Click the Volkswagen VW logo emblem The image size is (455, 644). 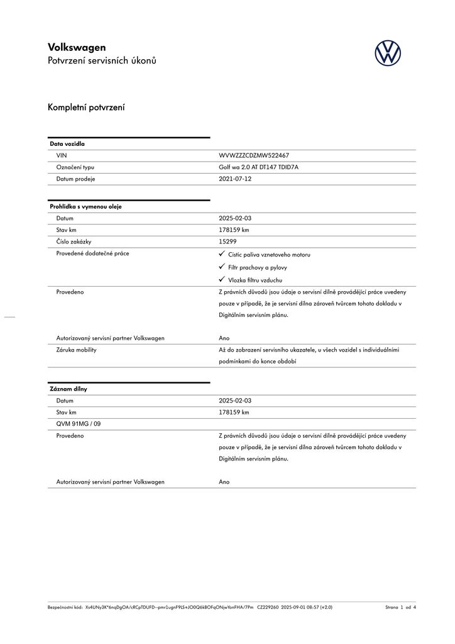(x=388, y=53)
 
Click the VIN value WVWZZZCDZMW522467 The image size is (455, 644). (x=253, y=155)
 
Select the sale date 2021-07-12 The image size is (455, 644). (x=234, y=179)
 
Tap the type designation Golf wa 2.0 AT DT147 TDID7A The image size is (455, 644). (x=258, y=167)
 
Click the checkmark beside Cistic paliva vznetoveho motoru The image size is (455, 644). (x=222, y=253)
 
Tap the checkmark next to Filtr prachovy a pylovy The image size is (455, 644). (x=222, y=267)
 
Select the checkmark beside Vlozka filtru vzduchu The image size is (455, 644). (x=222, y=279)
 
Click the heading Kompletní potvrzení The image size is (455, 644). (x=86, y=108)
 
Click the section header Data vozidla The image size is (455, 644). (x=67, y=144)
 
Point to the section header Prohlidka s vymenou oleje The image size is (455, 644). (x=85, y=206)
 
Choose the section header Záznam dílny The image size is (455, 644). (x=69, y=389)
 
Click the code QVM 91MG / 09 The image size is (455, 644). (x=79, y=424)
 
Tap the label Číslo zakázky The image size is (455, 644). (x=74, y=241)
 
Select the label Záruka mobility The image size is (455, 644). (x=76, y=350)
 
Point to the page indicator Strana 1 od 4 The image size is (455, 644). (x=400, y=608)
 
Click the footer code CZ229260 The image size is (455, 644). (x=268, y=608)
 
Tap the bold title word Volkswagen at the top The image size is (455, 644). (x=77, y=47)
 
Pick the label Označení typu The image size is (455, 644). (x=75, y=167)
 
